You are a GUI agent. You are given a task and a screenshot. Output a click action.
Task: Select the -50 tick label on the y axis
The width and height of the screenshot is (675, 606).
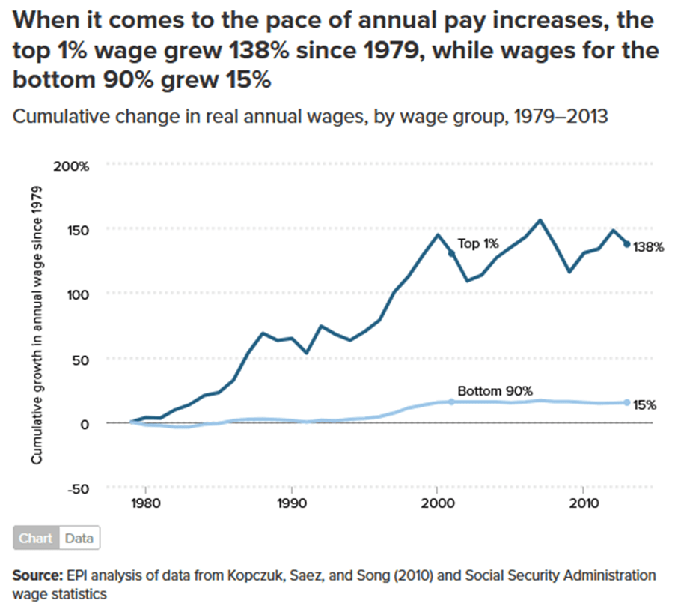point(78,489)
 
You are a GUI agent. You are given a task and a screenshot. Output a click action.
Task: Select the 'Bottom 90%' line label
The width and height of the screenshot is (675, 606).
point(495,391)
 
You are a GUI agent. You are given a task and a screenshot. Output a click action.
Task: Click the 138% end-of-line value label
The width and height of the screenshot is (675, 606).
point(648,246)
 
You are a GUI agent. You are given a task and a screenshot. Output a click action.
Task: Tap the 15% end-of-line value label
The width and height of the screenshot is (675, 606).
point(645,405)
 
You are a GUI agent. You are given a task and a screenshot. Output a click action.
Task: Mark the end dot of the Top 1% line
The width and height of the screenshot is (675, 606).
point(627,244)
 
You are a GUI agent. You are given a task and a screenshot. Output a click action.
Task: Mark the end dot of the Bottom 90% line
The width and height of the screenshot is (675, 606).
point(627,403)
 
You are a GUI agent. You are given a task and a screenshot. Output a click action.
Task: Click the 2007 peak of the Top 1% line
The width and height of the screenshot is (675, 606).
point(540,220)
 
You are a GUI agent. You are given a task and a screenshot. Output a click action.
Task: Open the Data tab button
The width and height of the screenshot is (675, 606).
point(79,538)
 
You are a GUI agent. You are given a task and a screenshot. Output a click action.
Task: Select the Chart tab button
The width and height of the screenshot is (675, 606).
point(36,538)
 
